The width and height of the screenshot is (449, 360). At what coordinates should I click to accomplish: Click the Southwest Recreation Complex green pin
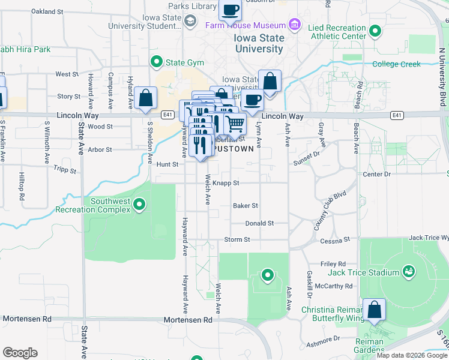coord(139,205)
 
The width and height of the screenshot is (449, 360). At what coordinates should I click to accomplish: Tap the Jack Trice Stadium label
coord(364,272)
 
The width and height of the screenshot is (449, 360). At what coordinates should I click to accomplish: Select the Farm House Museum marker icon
coord(294,25)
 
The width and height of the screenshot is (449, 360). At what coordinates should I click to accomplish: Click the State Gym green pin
coord(157,61)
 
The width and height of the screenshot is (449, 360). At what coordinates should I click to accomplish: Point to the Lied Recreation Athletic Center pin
coord(375,31)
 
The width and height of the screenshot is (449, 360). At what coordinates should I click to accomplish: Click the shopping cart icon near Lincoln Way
coord(235,124)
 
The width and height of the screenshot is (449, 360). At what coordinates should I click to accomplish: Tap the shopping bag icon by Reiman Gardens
coord(374,310)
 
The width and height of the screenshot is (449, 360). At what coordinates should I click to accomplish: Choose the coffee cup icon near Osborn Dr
coord(230,10)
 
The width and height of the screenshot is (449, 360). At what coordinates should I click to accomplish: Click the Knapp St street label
coord(226,183)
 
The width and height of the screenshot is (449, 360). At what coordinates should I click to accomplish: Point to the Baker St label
coord(246,205)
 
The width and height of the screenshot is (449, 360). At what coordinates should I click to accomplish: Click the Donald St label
coord(259,223)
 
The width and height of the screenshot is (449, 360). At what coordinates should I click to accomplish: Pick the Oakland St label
coord(47,11)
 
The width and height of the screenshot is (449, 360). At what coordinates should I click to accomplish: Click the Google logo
coord(20,353)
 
